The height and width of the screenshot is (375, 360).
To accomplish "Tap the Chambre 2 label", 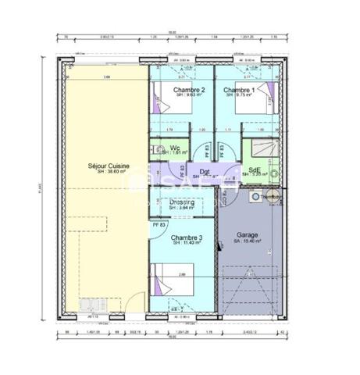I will click(188, 90).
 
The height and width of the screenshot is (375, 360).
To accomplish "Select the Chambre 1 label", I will click(239, 90).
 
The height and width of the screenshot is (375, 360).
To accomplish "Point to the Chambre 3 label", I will click(187, 237).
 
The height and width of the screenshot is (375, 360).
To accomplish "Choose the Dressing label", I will click(182, 202).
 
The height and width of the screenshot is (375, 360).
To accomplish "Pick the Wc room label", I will click(175, 145).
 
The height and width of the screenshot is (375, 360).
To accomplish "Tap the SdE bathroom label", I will click(255, 169).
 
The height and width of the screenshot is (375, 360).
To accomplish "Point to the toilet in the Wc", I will click(159, 148).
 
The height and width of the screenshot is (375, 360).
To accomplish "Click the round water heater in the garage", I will click(255, 198).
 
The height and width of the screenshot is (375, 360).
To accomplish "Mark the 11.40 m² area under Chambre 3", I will click(187, 243).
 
